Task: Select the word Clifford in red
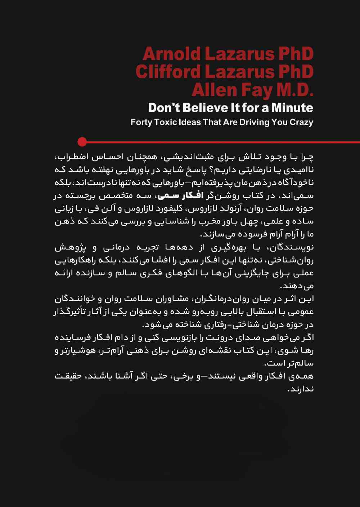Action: point(168,72)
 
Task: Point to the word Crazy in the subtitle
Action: point(301,122)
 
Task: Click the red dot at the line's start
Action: point(82,142)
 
